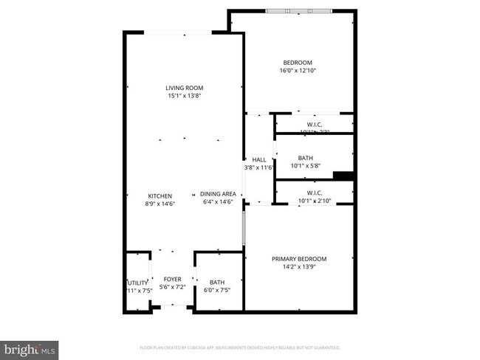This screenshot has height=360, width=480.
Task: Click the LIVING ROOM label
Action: pyautogui.click(x=184, y=88)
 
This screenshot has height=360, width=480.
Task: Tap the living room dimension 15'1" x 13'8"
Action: pyautogui.click(x=184, y=96)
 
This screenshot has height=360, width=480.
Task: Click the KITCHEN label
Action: pyautogui.click(x=160, y=195)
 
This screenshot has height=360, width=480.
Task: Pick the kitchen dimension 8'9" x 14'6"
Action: pyautogui.click(x=160, y=203)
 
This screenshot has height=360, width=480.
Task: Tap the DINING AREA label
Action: pyautogui.click(x=217, y=194)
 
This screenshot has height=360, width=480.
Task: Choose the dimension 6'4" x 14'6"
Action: pyautogui.click(x=217, y=202)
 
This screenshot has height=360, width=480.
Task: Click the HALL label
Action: pyautogui.click(x=259, y=160)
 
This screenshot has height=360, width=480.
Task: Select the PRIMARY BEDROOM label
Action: pyautogui.click(x=298, y=259)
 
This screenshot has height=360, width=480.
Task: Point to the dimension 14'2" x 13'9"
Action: pyautogui.click(x=298, y=267)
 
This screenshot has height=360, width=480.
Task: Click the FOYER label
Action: pyautogui.click(x=172, y=280)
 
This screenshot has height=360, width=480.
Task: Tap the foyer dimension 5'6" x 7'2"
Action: pyautogui.click(x=172, y=288)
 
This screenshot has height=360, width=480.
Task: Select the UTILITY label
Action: pyautogui.click(x=138, y=283)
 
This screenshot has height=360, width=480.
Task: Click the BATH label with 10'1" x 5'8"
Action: pyautogui.click(x=305, y=158)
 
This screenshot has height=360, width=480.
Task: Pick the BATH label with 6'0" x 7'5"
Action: pyautogui.click(x=217, y=283)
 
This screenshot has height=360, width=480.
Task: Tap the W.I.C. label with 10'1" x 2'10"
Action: pyautogui.click(x=314, y=193)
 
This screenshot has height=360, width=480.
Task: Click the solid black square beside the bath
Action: pyautogui.click(x=343, y=175)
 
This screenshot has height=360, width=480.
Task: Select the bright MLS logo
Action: pyautogui.click(x=30, y=347)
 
